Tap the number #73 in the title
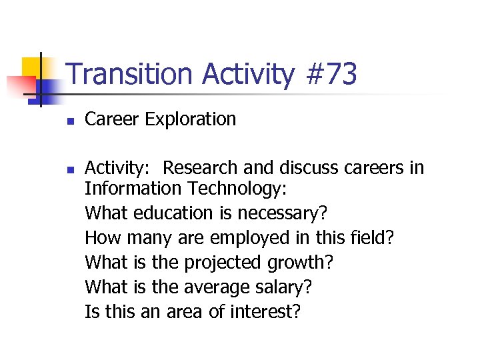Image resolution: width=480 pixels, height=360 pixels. (331, 74)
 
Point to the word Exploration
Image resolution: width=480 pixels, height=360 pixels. (190, 120)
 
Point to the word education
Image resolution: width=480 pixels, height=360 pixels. (171, 213)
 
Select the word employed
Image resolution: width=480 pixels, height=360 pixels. (245, 238)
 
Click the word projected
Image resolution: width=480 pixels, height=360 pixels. (223, 263)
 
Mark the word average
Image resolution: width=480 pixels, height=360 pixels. (223, 287)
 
